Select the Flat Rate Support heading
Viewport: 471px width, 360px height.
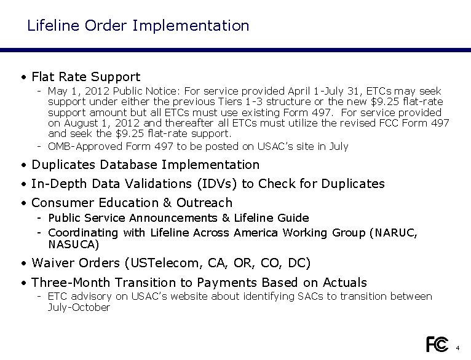(x=85, y=77)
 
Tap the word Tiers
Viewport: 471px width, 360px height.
(x=234, y=101)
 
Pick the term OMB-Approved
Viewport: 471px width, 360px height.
(x=85, y=146)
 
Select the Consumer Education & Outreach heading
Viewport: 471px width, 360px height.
(x=132, y=203)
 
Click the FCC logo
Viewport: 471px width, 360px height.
(x=437, y=344)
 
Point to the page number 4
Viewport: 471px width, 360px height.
(x=458, y=348)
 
